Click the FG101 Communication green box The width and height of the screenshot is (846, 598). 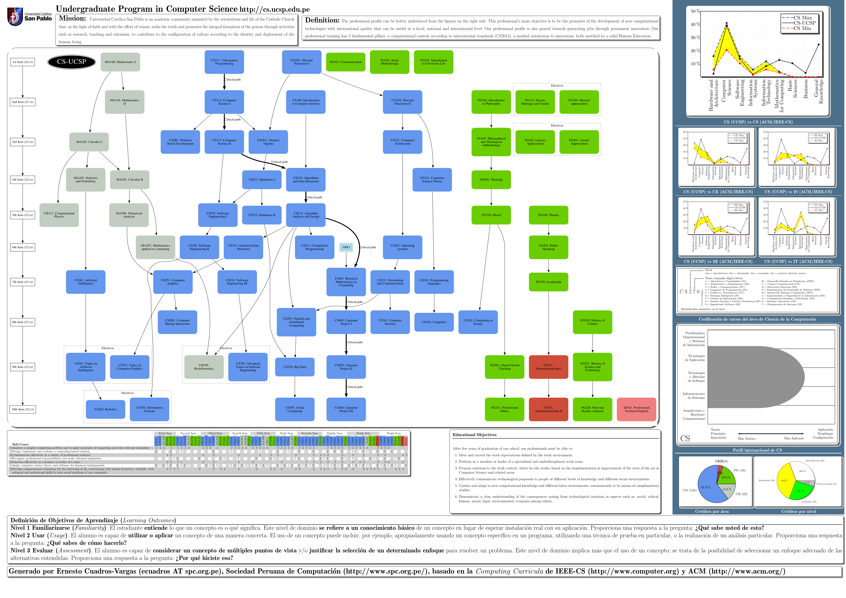click(346, 62)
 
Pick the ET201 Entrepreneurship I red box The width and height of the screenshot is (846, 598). click(548, 367)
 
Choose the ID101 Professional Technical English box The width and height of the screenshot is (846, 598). click(636, 409)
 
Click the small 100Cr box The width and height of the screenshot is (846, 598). click(346, 247)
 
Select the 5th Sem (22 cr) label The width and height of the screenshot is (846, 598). click(22, 215)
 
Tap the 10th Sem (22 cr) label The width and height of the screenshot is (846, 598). click(22, 409)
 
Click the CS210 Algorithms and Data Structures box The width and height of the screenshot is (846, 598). click(306, 180)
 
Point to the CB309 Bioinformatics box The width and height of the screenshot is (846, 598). click(204, 367)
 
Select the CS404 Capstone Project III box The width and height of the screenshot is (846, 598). click(346, 409)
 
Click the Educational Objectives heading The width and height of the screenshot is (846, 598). click(475, 435)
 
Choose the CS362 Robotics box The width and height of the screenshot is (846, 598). click(105, 409)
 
